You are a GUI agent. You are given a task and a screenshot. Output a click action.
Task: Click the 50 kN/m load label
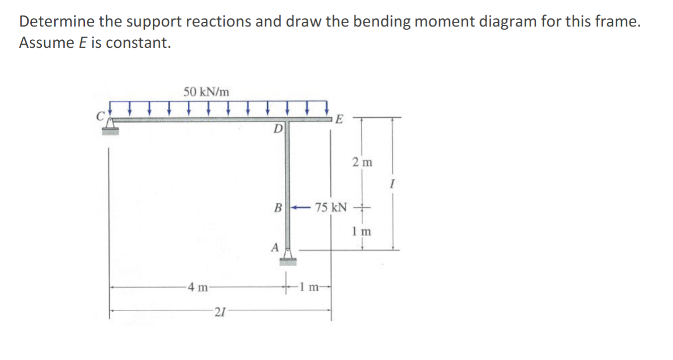point(206,91)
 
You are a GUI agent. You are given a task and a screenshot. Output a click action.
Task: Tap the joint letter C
point(99,118)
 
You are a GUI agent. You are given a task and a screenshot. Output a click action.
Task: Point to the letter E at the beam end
point(339,118)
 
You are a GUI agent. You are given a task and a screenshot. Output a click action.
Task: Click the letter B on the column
point(277,207)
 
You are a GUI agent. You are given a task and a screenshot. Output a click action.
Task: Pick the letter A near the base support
point(274,247)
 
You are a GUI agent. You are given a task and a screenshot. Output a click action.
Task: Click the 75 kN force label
point(331,207)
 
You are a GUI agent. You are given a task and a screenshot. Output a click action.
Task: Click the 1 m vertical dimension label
point(362,232)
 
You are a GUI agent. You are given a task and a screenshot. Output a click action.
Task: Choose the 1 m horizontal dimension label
point(310,288)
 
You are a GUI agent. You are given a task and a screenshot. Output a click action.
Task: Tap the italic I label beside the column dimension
point(392,185)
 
